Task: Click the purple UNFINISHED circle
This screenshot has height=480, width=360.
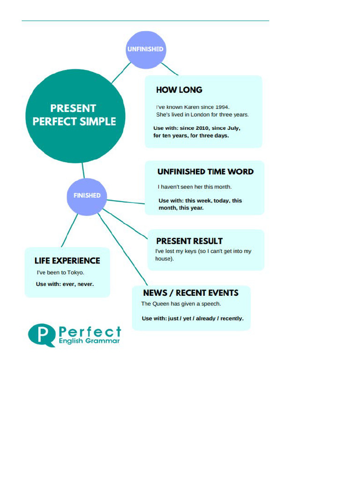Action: coord(145,49)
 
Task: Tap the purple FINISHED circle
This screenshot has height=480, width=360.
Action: coord(87,195)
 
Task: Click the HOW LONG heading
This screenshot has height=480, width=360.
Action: coord(179,90)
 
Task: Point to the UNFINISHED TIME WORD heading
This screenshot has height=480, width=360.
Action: coord(205,172)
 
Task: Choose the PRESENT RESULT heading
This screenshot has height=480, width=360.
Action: coord(189,241)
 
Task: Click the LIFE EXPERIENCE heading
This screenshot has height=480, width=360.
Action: coord(67,261)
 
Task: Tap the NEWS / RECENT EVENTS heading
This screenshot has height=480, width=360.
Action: coord(191,293)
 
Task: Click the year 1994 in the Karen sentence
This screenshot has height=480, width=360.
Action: coord(223,107)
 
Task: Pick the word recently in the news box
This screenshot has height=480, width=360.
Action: coord(232,319)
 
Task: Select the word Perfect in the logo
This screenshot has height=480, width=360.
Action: coord(90,332)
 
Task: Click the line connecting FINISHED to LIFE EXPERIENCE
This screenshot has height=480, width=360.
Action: coord(69,231)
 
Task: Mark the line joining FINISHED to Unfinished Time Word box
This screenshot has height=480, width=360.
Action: coord(126,202)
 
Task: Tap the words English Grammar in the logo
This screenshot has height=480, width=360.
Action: coord(89,341)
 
